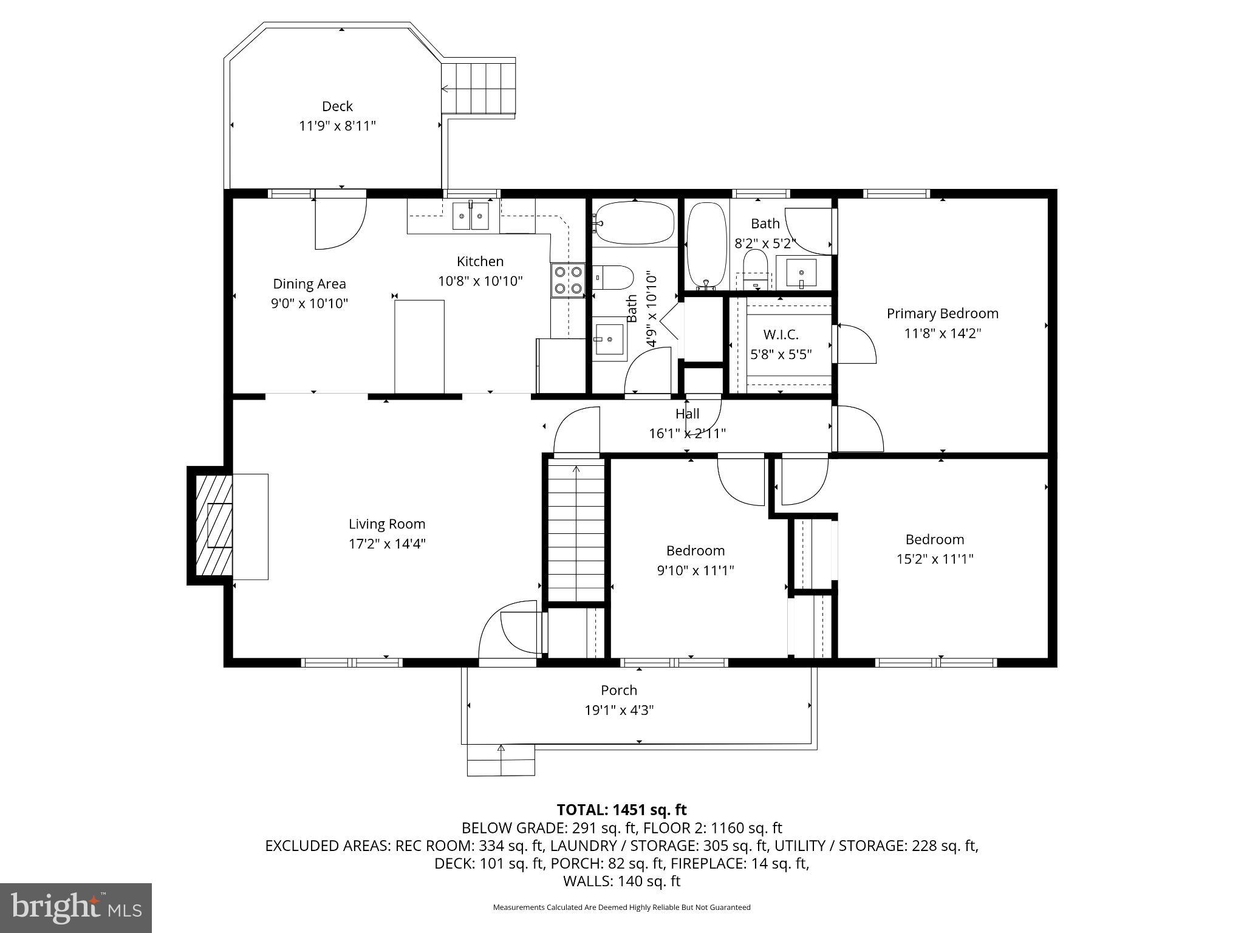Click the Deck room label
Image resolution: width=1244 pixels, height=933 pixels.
tap(337, 106)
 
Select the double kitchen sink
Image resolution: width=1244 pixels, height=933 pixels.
tap(471, 216)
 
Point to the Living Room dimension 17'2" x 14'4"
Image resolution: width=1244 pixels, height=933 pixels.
tap(387, 544)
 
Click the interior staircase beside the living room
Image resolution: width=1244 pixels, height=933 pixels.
tap(576, 531)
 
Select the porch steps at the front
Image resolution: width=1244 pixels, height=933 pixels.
tap(501, 760)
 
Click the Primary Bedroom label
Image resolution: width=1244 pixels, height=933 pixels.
tap(942, 313)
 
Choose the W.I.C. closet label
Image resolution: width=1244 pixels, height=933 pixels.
tap(781, 335)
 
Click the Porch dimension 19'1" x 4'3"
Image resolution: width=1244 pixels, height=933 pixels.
tap(619, 710)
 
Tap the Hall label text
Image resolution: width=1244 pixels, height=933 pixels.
tap(687, 414)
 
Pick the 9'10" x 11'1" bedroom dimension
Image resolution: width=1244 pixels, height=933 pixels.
tap(695, 570)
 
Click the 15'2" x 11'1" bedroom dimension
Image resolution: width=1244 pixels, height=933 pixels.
tap(935, 559)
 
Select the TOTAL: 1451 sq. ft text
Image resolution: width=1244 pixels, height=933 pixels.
tap(621, 810)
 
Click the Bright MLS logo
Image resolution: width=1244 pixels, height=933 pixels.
tap(76, 907)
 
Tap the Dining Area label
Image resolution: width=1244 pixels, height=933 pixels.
tap(309, 284)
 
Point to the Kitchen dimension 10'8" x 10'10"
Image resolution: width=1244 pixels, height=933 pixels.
tap(480, 281)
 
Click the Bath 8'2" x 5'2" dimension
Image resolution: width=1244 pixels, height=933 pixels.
tap(765, 244)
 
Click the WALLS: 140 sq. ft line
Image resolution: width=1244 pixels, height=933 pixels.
tap(621, 881)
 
